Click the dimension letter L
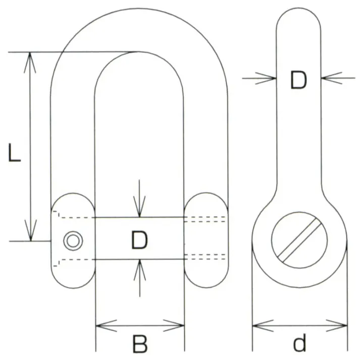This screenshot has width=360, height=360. point(15,152)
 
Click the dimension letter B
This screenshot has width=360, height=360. point(139,344)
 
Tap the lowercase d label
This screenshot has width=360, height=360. point(300,344)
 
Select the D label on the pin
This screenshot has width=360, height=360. point(139,240)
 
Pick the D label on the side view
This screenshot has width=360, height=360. point(298,80)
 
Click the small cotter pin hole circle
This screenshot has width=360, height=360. point(72,241)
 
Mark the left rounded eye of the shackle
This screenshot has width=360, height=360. point(73,240)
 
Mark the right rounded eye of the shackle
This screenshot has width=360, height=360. point(204,240)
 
